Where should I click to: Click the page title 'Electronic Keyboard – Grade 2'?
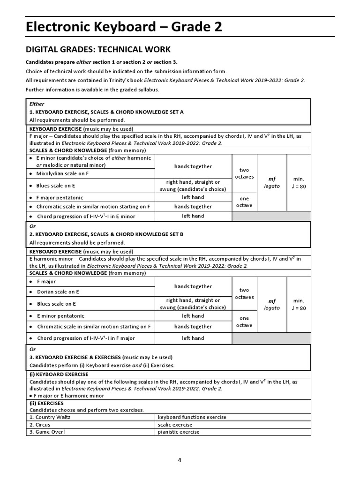click(123, 27)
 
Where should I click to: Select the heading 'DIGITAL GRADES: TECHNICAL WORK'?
click(97, 50)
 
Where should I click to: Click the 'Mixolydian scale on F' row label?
click(62, 173)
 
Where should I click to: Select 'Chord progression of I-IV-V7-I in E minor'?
click(85, 217)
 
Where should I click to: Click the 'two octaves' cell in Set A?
click(244, 173)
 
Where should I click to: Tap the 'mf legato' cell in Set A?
click(272, 182)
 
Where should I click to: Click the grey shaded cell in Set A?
click(271, 216)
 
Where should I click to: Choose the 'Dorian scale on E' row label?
click(58, 292)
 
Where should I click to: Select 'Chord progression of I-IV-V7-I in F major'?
click(85, 338)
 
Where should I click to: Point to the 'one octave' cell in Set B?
click(244, 322)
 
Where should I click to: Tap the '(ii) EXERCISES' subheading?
click(47, 403)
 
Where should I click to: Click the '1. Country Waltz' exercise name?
click(50, 417)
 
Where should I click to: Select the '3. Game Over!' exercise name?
click(47, 432)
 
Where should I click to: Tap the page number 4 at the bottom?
click(180, 460)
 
